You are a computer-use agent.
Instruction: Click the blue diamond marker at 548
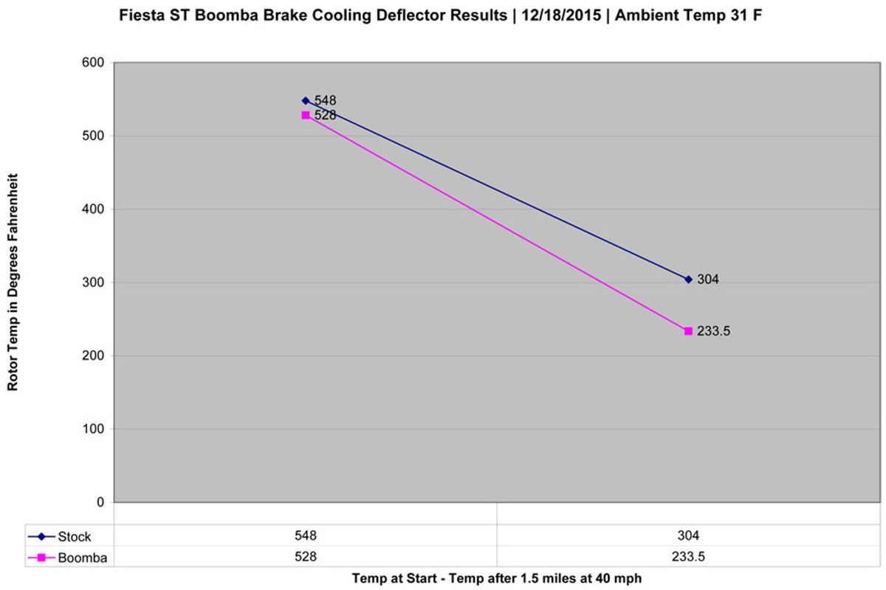pos(306,101)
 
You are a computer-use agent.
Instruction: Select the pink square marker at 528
pos(306,115)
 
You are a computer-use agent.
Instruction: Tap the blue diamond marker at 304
pos(688,280)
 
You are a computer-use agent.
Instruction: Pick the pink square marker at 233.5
pos(688,331)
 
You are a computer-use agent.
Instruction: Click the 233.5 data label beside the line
pos(713,331)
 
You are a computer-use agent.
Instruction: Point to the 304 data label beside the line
pos(708,280)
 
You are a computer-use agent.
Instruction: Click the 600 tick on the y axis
pos(93,63)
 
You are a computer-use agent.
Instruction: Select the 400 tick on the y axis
pos(93,209)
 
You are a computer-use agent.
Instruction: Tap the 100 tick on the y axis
pos(93,428)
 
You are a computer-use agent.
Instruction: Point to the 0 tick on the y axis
pos(100,502)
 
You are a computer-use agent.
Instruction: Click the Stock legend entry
pos(59,537)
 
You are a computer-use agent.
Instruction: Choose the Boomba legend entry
pos(68,558)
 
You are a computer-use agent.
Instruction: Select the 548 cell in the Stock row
pos(306,535)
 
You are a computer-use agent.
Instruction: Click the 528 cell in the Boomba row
pos(306,557)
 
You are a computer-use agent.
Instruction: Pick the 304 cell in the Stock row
pos(688,535)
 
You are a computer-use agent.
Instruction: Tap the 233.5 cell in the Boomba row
pos(688,557)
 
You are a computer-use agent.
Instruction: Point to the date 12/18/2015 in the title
pos(561,15)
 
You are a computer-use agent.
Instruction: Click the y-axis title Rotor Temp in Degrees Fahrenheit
pos(13,282)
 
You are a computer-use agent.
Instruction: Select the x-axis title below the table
pos(497,578)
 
